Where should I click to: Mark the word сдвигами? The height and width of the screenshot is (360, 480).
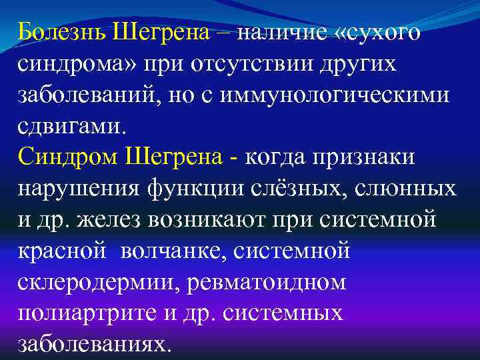pyautogui.click(x=69, y=125)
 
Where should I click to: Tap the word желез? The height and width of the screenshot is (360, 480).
pyautogui.click(x=115, y=219)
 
